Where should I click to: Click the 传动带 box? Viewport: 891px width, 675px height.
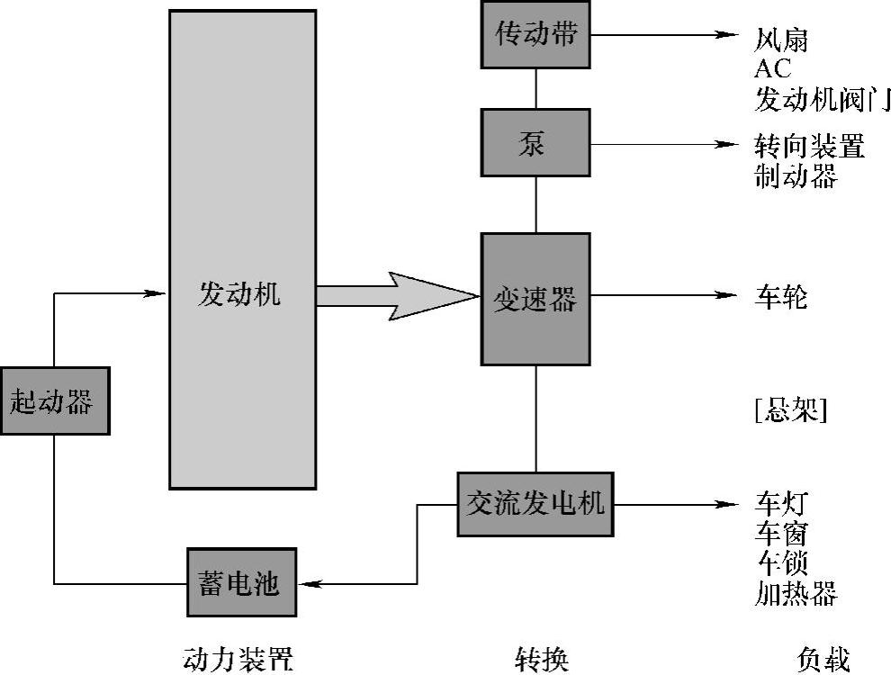pyautogui.click(x=535, y=35)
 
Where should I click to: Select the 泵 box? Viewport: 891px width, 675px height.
pyautogui.click(x=535, y=142)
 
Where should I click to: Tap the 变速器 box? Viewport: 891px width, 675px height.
pyautogui.click(x=535, y=299)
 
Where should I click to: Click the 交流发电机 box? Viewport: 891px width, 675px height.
pyautogui.click(x=535, y=504)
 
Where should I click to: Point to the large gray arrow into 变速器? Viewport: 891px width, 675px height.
pyautogui.click(x=396, y=295)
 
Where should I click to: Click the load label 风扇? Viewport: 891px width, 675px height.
pyautogui.click(x=781, y=40)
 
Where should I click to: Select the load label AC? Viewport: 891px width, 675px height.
pyautogui.click(x=774, y=69)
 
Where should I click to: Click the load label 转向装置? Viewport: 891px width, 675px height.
pyautogui.click(x=809, y=147)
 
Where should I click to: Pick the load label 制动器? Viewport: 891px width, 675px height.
pyautogui.click(x=796, y=175)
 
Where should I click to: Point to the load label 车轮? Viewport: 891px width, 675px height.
pyautogui.click(x=781, y=297)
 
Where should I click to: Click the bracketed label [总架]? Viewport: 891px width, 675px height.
pyautogui.click(x=790, y=410)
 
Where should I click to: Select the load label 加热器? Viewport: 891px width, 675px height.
pyautogui.click(x=796, y=593)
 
